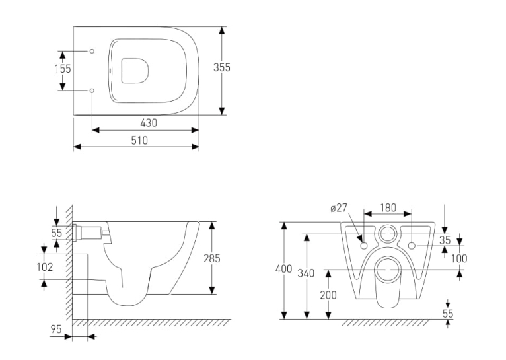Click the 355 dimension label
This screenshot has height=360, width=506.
click(222, 67)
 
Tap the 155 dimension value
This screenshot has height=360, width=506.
click(63, 69)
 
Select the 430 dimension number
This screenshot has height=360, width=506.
click(149, 123)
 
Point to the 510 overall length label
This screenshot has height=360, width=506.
click(139, 140)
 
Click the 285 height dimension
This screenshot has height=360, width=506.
click(211, 258)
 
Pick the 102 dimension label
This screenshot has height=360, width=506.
click(44, 267)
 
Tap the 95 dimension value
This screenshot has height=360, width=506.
click(56, 329)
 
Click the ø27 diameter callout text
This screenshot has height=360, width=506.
click(339, 208)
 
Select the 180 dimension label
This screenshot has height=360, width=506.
click(388, 208)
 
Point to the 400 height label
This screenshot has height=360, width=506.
click(283, 269)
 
